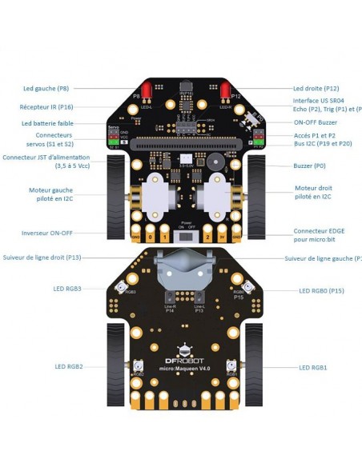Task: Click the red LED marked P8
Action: pyautogui.click(x=147, y=90)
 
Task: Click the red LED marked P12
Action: pyautogui.click(x=225, y=90)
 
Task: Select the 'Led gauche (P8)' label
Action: pyautogui.click(x=46, y=90)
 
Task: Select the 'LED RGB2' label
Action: pyautogui.click(x=70, y=366)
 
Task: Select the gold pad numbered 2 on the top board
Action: pyautogui.click(x=208, y=237)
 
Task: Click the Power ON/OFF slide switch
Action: pyautogui.click(x=186, y=237)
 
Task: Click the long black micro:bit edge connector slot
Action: pyautogui.click(x=186, y=146)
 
